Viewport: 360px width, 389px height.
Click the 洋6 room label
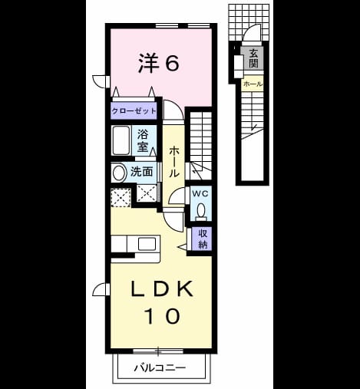pos(159,63)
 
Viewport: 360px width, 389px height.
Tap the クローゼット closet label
pos(134,111)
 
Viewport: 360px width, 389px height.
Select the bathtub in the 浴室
pos(121,140)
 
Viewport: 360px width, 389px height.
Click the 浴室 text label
pos(143,140)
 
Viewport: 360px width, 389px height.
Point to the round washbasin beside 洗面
pos(119,173)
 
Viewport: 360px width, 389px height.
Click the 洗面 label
pos(141,172)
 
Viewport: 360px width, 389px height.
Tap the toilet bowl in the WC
pos(201,211)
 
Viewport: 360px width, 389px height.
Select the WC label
pos(200,194)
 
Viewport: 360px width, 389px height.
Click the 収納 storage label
pos(203,239)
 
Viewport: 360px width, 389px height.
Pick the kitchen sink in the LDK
pos(147,244)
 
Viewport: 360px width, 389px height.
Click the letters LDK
pos(162,288)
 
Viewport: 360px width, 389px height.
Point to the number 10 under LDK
pos(162,316)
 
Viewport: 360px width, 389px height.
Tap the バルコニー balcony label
pos(160,368)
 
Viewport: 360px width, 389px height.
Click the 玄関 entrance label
pos(253,58)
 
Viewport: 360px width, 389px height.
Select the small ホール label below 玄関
pos(253,84)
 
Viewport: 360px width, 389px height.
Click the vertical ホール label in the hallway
pos(173,162)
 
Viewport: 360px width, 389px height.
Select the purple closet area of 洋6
pos(134,111)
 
